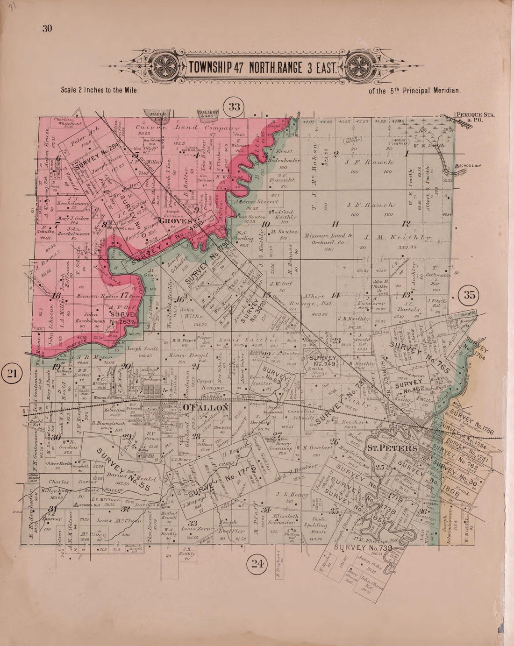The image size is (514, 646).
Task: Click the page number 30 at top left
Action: point(47,29)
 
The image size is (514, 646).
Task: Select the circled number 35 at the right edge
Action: point(469,295)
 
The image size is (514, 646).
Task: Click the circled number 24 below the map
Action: point(257,563)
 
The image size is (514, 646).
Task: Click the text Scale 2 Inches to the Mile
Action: point(100,91)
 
